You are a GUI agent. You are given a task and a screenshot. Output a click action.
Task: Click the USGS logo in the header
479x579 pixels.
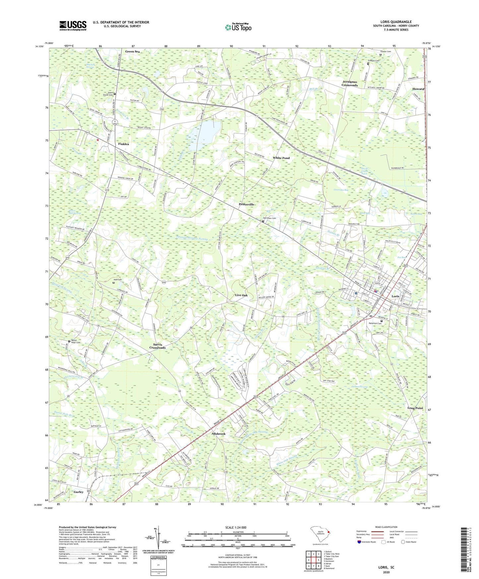tap(73, 26)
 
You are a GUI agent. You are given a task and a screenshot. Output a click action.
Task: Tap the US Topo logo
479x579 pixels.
tap(238, 27)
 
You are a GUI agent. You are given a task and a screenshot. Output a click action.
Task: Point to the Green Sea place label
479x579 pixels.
tap(132, 51)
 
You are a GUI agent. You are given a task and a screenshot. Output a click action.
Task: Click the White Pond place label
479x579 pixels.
tap(281, 158)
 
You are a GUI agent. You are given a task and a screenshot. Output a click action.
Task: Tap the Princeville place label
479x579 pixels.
tap(246, 204)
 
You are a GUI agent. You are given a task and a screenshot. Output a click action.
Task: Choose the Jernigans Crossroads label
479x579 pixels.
tap(350, 83)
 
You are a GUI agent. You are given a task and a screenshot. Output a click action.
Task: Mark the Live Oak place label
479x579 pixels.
tap(241, 295)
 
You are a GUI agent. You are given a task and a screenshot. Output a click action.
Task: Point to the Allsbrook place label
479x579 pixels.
tap(218, 434)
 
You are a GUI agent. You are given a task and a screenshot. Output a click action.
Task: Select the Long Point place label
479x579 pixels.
tap(415, 408)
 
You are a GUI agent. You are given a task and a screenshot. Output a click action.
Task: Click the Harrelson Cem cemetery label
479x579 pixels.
tap(270, 218)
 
